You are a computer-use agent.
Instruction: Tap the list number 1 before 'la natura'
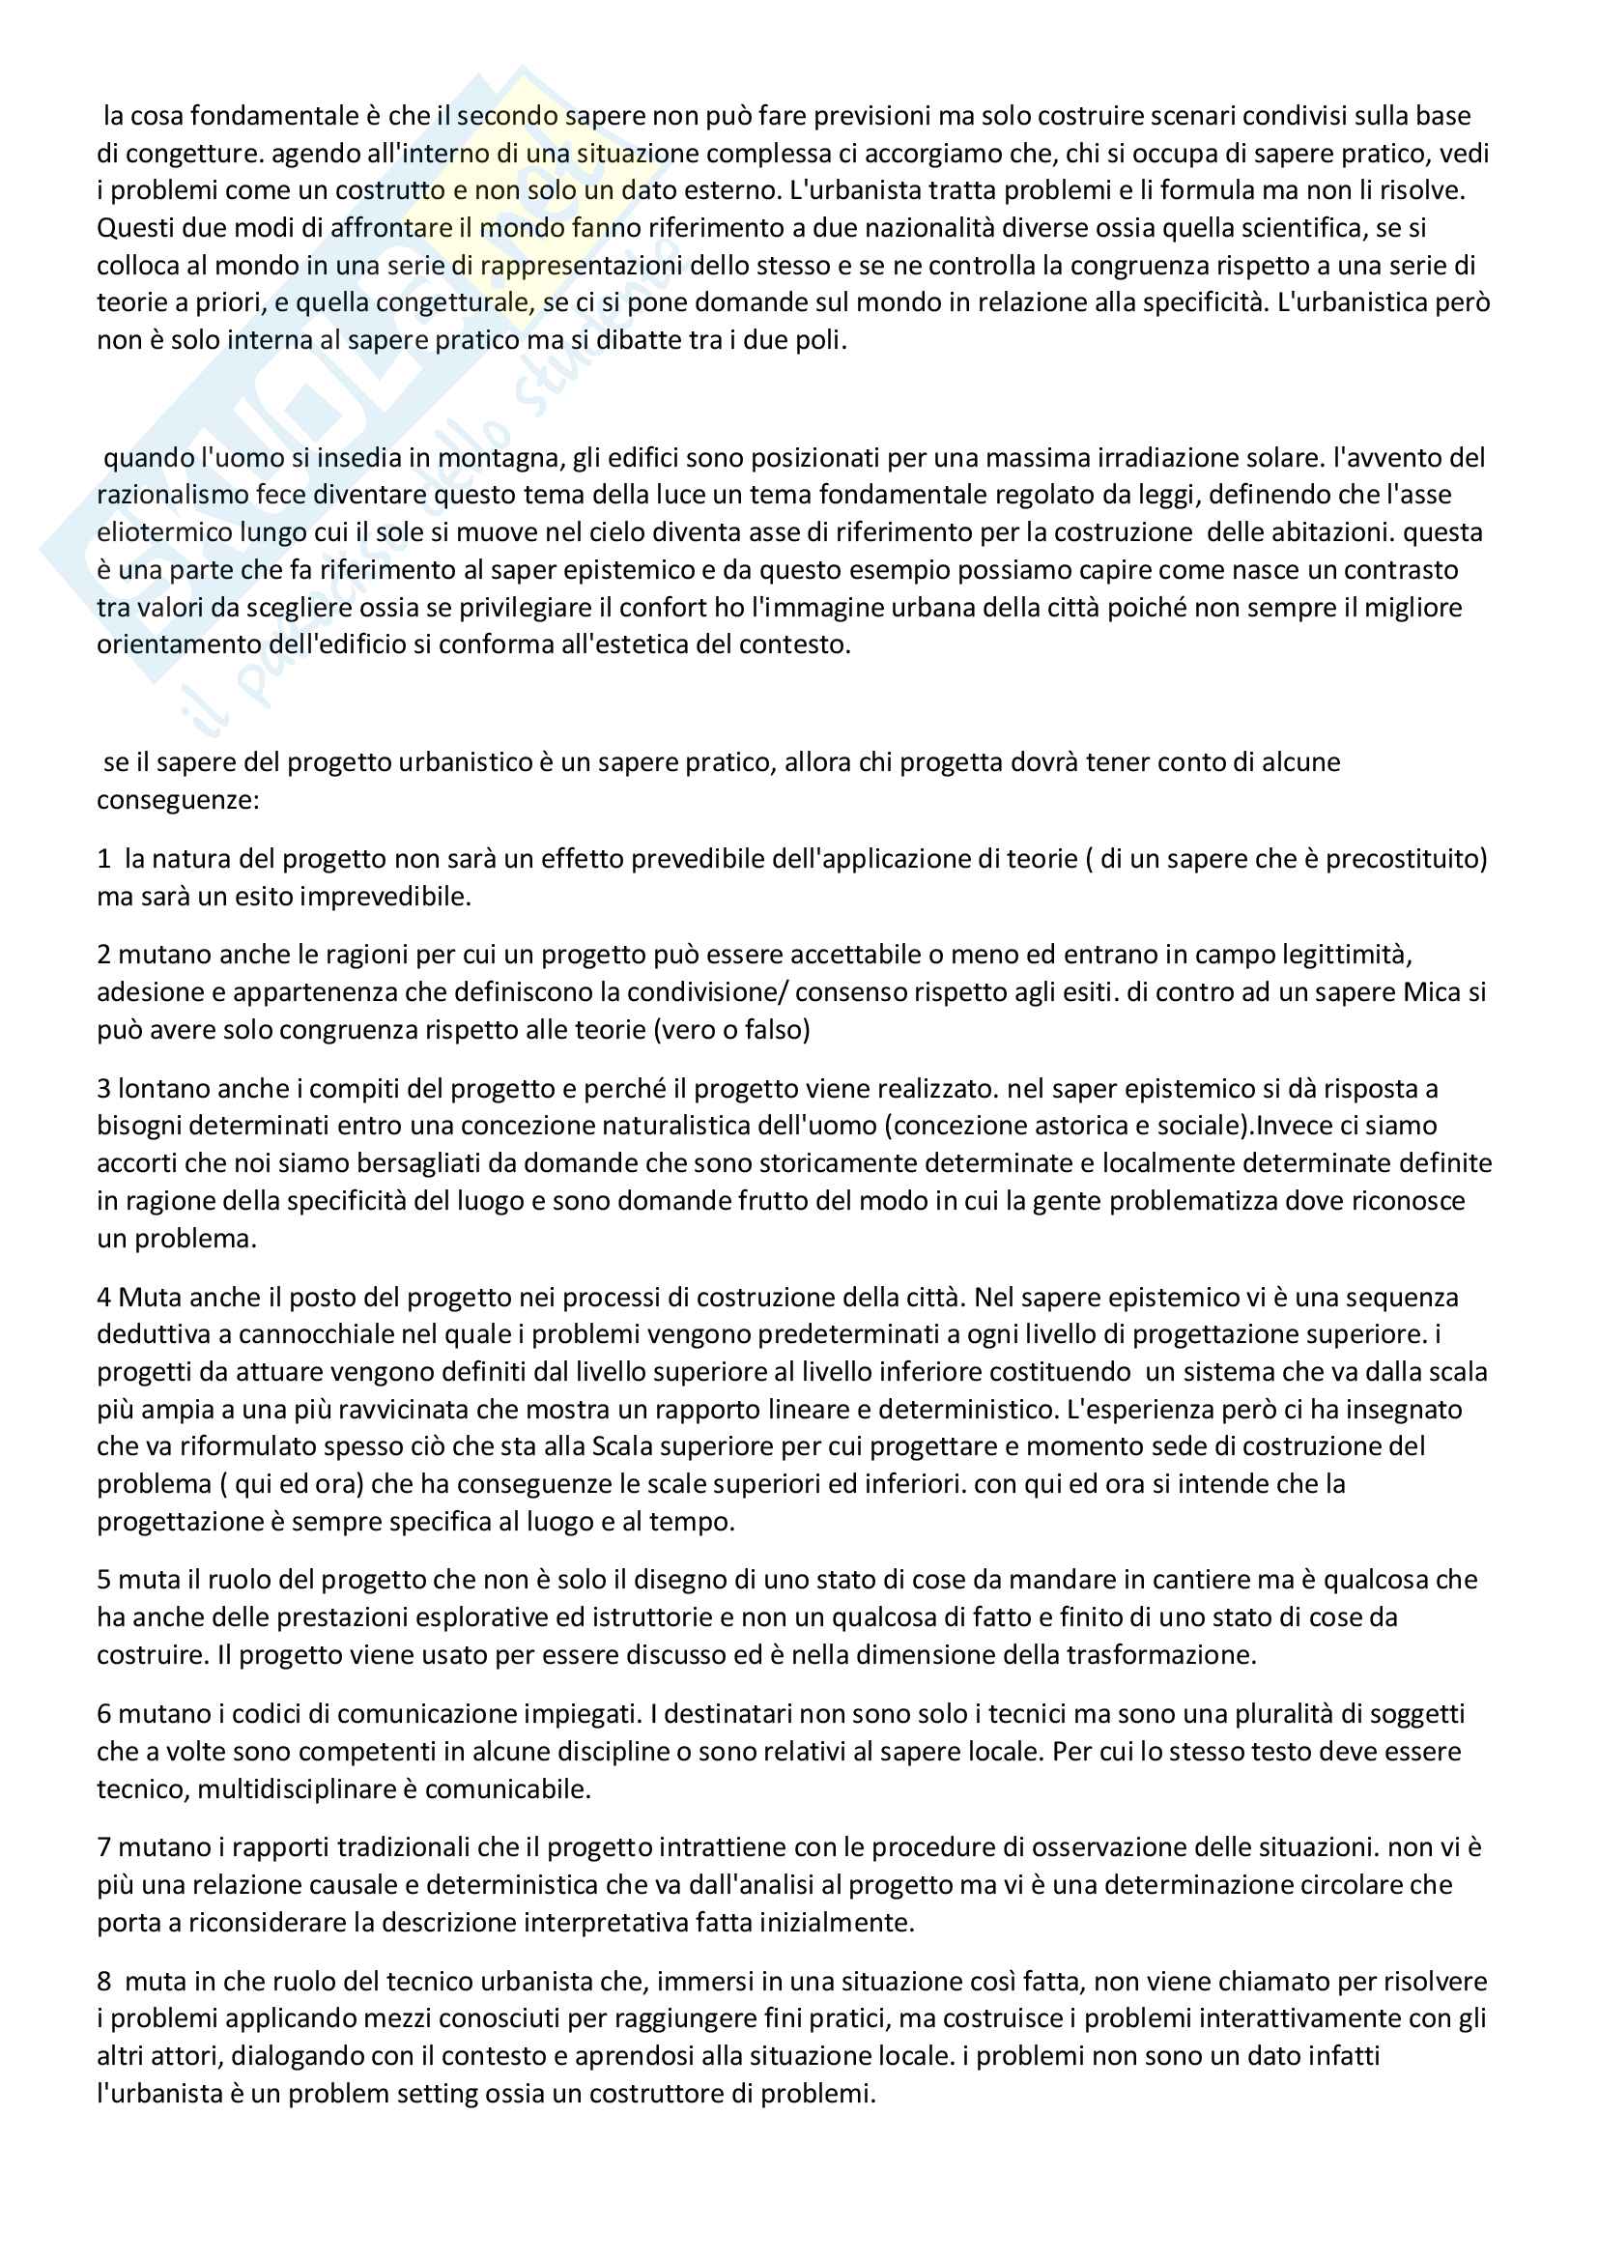click(103, 859)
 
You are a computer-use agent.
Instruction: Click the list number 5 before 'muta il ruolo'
click(103, 1580)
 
